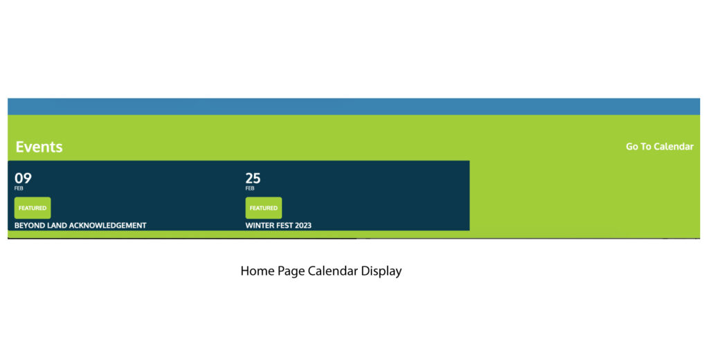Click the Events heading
39,147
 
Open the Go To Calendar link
659,146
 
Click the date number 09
23,178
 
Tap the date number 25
253,178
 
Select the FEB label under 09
19,188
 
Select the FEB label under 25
250,188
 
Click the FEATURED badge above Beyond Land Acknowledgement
33,208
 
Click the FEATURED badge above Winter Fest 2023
263,208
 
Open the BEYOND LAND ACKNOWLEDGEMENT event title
80,225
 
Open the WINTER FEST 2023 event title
278,225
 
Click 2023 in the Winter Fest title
303,225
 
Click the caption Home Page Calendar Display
321,271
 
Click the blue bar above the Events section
353,106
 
